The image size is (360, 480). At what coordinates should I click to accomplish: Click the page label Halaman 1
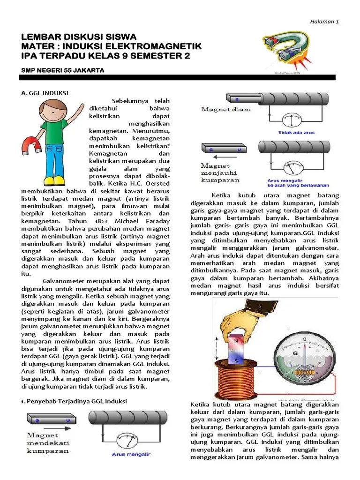pyautogui.click(x=325, y=22)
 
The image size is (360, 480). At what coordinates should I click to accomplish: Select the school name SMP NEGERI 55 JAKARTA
pyautogui.click(x=63, y=70)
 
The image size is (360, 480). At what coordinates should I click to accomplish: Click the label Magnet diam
pyautogui.click(x=226, y=109)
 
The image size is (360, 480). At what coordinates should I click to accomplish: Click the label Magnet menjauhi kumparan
pyautogui.click(x=220, y=172)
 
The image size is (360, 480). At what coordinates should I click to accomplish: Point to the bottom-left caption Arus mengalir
pyautogui.click(x=132, y=454)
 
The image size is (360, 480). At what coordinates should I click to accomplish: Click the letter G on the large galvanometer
pyautogui.click(x=295, y=353)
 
